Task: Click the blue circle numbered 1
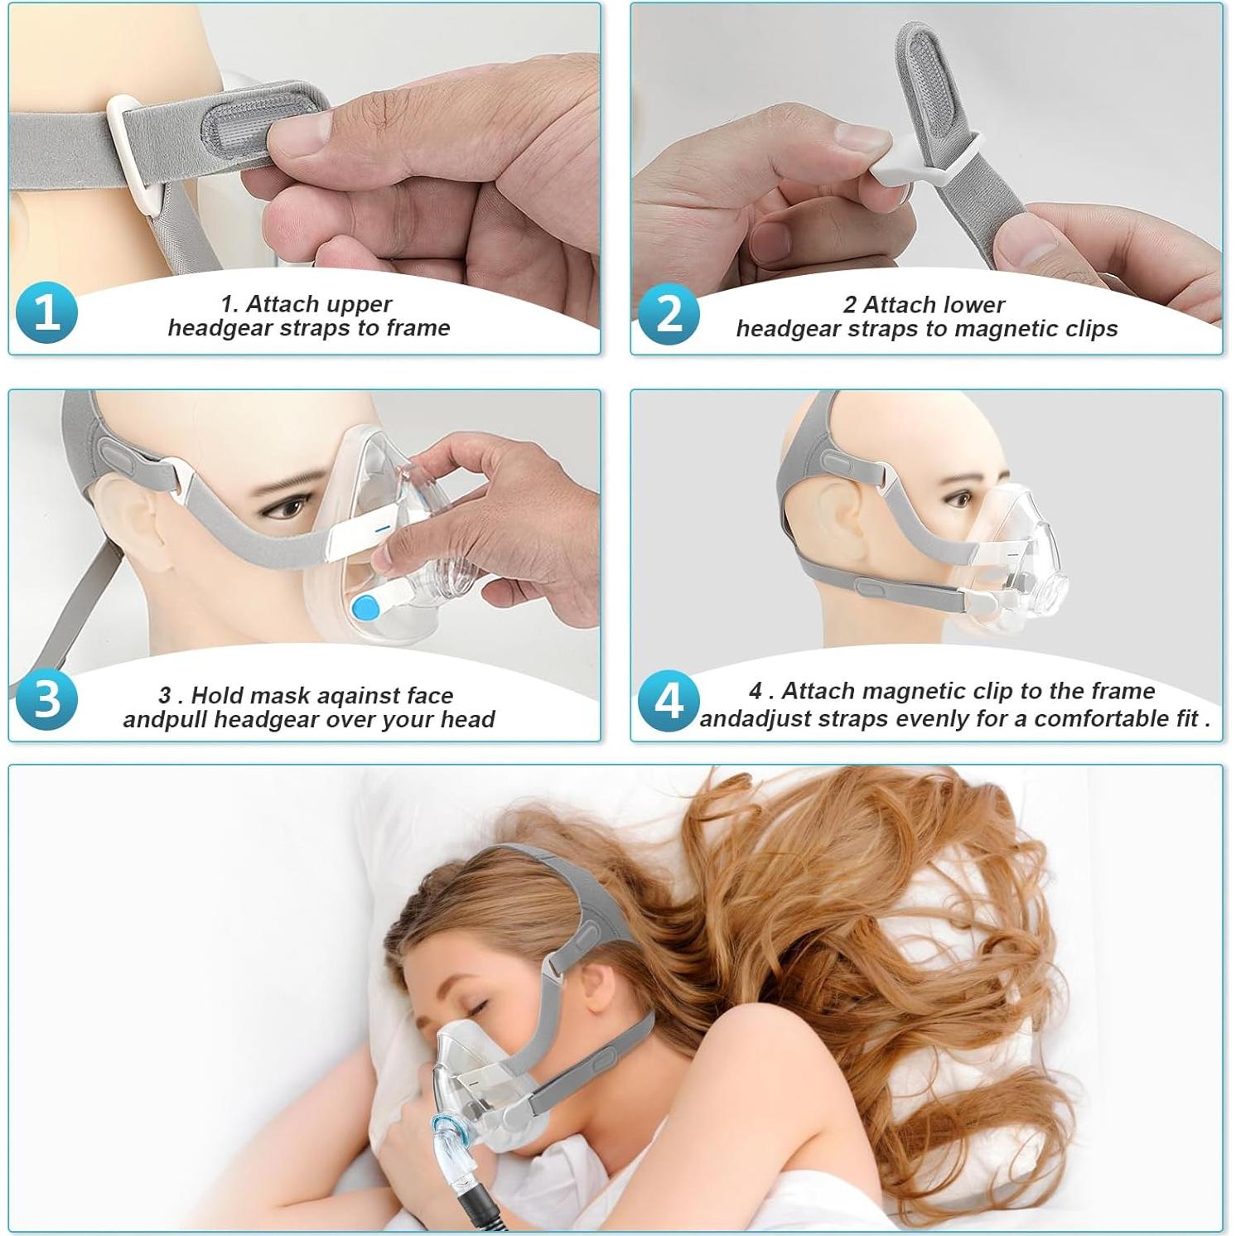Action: [46, 313]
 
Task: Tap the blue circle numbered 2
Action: [669, 313]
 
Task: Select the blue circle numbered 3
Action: [46, 699]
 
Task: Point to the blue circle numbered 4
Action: [669, 700]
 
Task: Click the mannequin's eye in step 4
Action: [960, 500]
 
